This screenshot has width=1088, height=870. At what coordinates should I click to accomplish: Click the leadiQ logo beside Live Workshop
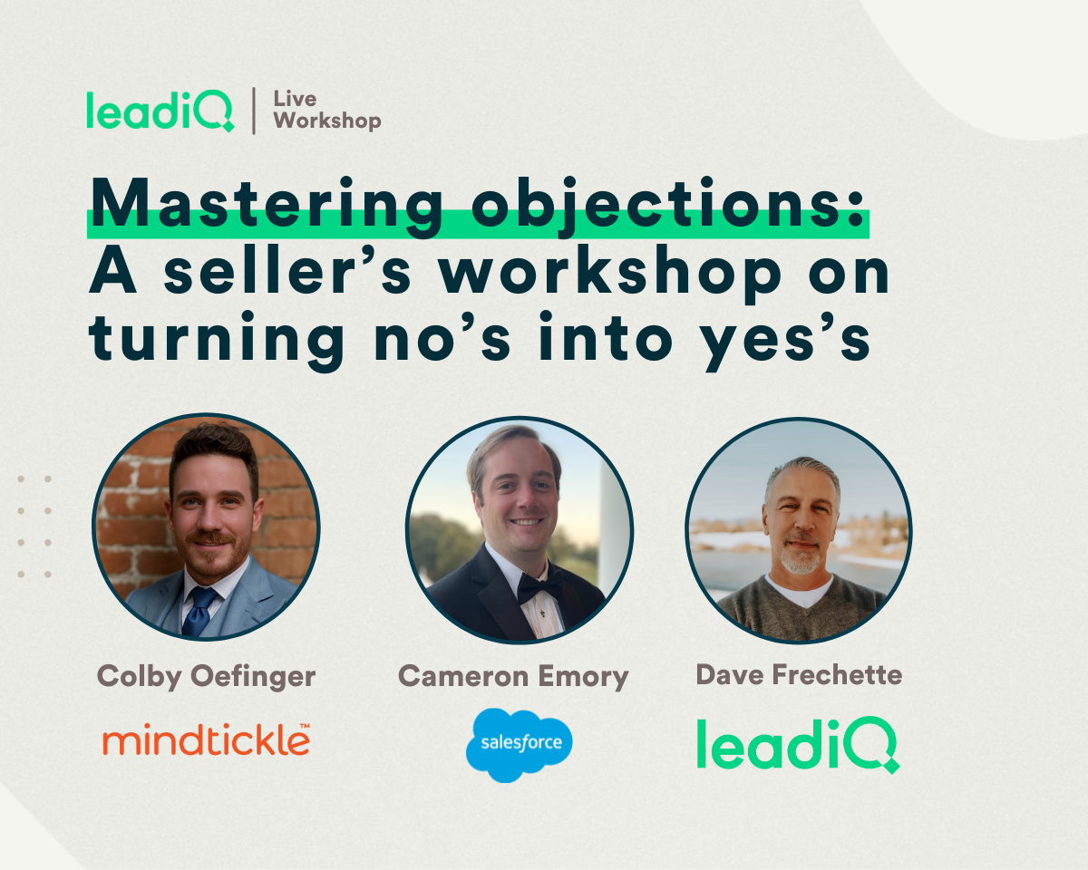click(x=160, y=111)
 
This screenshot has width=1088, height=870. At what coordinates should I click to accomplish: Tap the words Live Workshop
click(x=326, y=111)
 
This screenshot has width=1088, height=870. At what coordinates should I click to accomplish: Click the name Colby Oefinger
click(x=207, y=676)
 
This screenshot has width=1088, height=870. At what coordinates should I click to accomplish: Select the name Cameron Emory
click(x=514, y=676)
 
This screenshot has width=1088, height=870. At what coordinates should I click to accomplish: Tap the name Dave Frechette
click(x=799, y=674)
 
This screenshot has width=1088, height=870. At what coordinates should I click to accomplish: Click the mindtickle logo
click(x=207, y=739)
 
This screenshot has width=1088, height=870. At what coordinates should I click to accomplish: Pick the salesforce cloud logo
click(x=520, y=745)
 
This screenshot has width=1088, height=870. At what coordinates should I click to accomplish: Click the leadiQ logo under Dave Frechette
click(x=798, y=745)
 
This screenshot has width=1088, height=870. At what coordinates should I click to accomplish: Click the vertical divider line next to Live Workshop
click(x=254, y=111)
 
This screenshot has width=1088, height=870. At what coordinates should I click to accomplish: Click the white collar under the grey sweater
click(x=799, y=591)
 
